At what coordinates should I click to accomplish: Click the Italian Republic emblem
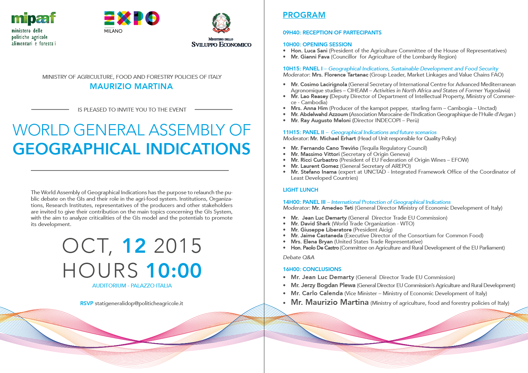click(x=221, y=23)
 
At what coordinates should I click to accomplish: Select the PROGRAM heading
click(x=304, y=15)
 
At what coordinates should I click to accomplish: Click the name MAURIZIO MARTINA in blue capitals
click(x=131, y=86)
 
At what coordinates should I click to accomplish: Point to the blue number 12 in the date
click(x=134, y=246)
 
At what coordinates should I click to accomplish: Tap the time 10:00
click(x=174, y=270)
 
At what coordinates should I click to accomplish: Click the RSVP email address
click(x=139, y=303)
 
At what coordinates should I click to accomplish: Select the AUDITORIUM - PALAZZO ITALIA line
click(x=132, y=286)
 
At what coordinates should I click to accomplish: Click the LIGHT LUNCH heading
click(x=300, y=190)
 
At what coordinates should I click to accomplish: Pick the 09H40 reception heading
click(x=332, y=32)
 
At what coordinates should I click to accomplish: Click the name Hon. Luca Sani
click(x=309, y=50)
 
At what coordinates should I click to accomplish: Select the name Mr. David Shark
click(x=311, y=223)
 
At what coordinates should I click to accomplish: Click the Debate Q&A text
click(x=298, y=257)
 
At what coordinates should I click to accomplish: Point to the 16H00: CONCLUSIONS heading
click(x=312, y=269)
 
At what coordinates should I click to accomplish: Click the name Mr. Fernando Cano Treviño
click(x=324, y=148)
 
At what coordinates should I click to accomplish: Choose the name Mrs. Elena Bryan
click(x=312, y=241)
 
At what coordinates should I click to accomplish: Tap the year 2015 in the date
click(x=178, y=246)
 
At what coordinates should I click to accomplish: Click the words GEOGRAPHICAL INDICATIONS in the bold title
click(x=131, y=149)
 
